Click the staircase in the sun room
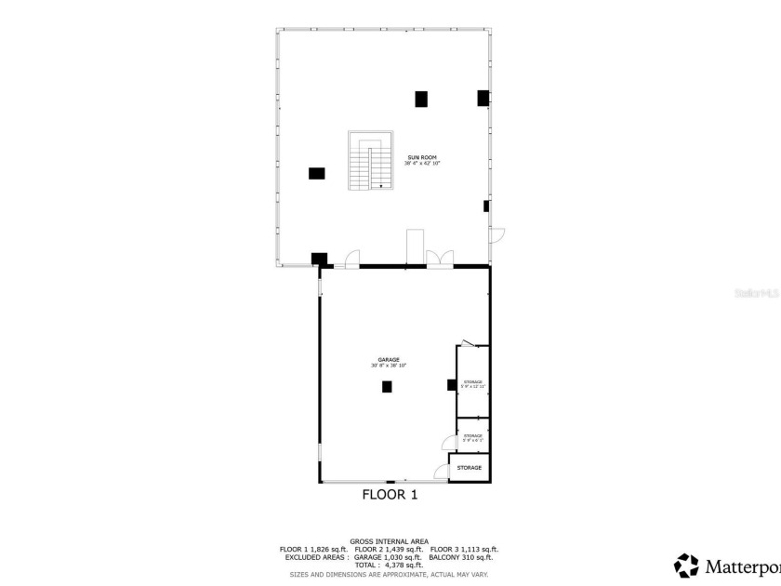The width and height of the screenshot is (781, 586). point(369,161)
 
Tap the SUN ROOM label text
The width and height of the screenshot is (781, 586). point(421,158)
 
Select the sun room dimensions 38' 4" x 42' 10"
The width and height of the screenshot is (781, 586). point(421,164)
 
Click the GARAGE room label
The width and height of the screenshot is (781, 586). point(388,359)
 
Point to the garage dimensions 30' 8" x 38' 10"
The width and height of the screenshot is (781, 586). point(388,366)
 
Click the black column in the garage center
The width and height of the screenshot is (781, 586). point(387,387)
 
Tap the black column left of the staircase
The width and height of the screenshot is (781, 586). point(317,173)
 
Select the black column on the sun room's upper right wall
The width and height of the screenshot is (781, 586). point(483,97)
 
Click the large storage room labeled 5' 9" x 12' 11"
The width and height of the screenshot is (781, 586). point(472,383)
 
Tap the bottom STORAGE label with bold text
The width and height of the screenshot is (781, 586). point(470,468)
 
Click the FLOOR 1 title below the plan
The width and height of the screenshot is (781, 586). point(390,495)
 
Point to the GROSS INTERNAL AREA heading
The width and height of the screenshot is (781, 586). point(389,541)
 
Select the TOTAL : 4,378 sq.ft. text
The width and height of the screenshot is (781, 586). point(389,565)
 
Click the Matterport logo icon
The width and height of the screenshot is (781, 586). point(686,566)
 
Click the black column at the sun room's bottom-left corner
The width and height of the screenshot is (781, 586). point(319,260)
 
